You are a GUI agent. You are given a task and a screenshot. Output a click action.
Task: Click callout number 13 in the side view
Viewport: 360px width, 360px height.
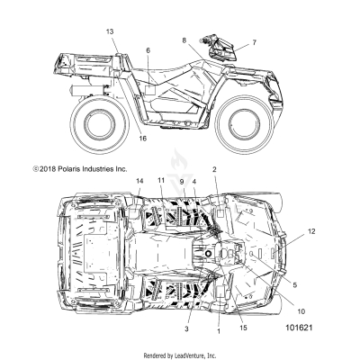pos(110,31)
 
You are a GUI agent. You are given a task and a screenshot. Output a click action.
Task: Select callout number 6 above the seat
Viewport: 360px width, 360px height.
pos(146,50)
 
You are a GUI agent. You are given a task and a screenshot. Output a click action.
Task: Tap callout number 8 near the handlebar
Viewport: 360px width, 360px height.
pos(184,40)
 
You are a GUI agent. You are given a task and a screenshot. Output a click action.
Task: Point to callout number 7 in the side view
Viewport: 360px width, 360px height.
pos(253,42)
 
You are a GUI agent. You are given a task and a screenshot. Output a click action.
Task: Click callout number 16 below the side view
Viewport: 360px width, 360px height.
pos(140,139)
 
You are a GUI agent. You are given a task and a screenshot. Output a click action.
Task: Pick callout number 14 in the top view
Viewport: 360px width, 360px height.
pos(139,181)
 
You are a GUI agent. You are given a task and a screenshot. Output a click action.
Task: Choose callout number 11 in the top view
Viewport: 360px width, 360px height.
pos(161,181)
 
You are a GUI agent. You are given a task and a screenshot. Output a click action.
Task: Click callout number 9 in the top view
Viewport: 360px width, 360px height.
pos(180,181)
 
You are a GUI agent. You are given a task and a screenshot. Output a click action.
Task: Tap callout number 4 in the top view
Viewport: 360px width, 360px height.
pos(193,181)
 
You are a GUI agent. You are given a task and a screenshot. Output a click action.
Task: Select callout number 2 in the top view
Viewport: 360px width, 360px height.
pos(214,169)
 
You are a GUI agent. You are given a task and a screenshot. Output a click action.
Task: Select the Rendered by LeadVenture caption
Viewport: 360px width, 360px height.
pos(180,354)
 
